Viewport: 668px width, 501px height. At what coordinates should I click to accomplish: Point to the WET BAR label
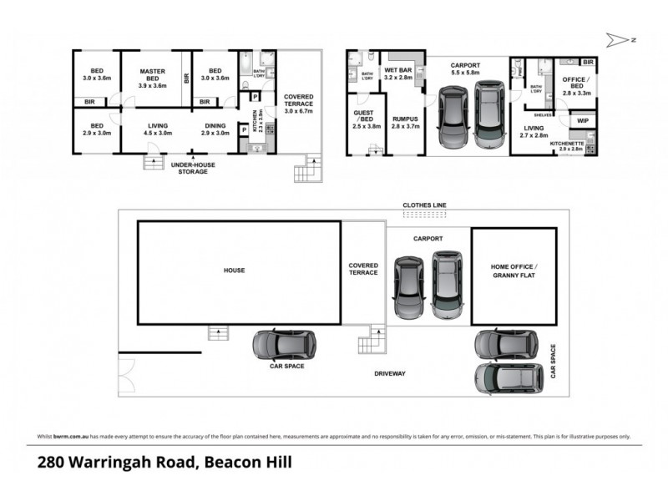point(398,73)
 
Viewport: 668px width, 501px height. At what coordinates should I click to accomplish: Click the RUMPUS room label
point(404,124)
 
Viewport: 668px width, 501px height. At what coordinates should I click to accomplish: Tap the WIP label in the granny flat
point(582,121)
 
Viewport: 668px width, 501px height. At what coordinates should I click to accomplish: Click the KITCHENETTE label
point(566,145)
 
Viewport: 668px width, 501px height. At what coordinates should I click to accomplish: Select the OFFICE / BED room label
point(576,86)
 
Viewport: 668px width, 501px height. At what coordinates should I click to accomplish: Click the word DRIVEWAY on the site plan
point(389,373)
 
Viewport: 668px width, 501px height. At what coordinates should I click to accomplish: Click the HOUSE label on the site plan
point(234,270)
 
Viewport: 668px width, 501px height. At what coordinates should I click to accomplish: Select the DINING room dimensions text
point(215,133)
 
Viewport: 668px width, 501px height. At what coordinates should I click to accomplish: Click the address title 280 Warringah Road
point(164,462)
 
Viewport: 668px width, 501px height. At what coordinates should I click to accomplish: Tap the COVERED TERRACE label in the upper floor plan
point(298,103)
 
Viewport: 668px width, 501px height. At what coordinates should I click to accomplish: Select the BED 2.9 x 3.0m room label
point(95,129)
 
